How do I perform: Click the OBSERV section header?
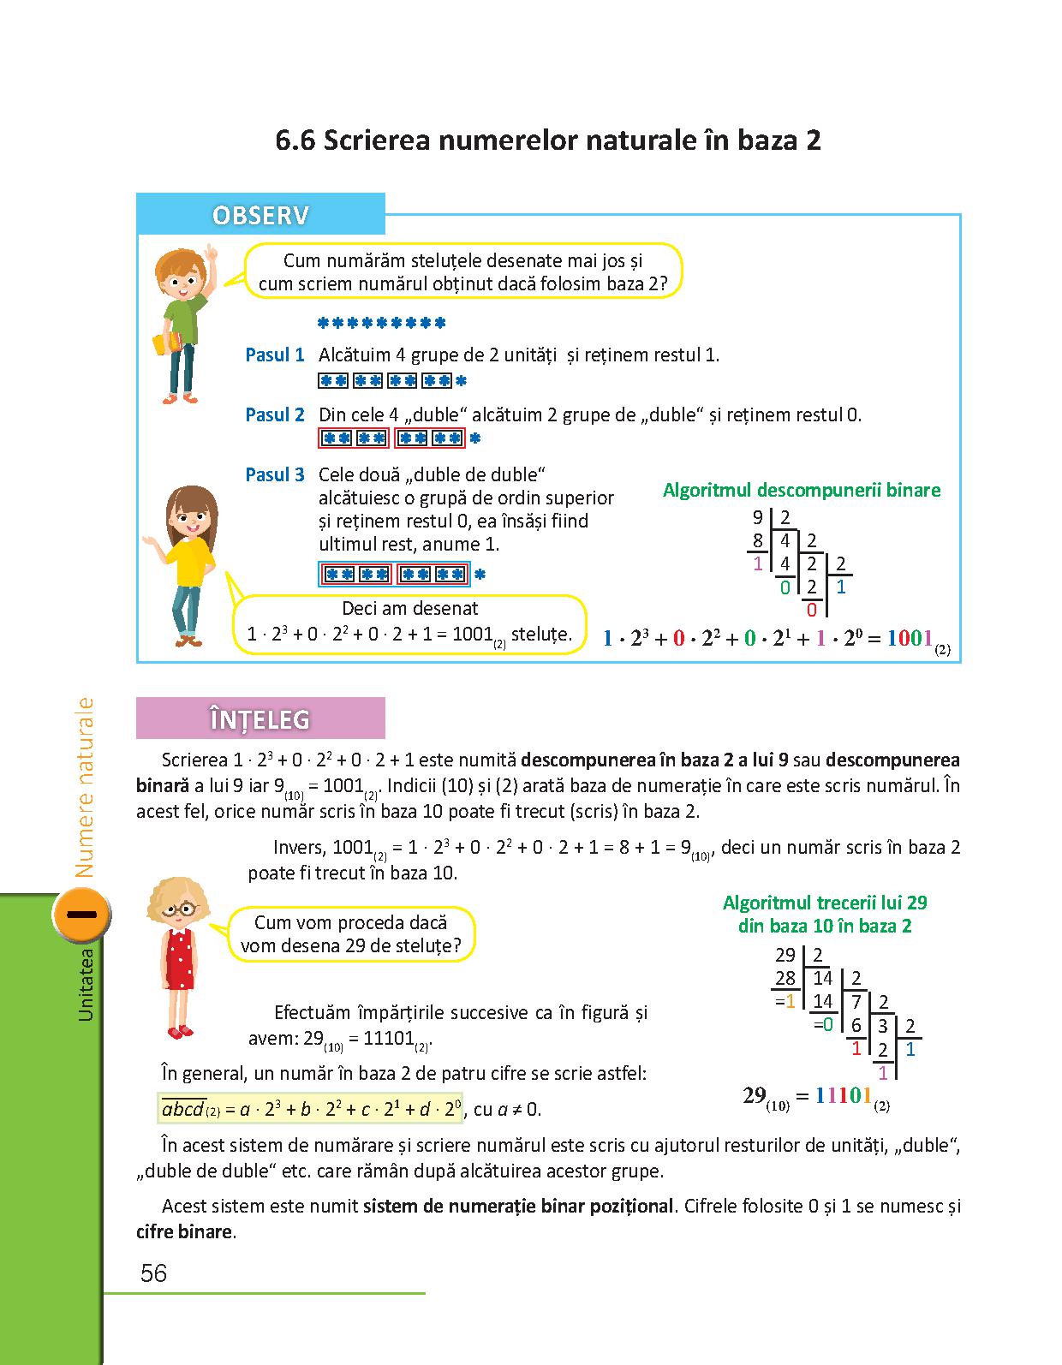260,215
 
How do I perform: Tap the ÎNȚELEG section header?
260,719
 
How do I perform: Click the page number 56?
153,1273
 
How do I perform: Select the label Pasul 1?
274,355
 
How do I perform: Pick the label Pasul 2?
274,415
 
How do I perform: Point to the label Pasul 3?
274,475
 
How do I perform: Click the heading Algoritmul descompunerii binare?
801,491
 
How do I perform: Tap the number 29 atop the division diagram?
785,956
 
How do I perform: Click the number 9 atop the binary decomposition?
757,517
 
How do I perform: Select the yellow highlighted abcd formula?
311,1109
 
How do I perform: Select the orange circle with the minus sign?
82,915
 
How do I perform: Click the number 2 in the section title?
812,140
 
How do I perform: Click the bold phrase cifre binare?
184,1232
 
